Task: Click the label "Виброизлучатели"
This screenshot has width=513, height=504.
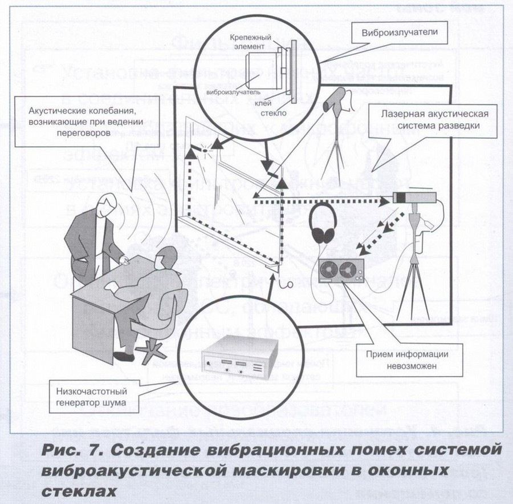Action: point(399,33)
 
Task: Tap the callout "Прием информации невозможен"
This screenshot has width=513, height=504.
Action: point(400,359)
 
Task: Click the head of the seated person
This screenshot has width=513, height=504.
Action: point(165,258)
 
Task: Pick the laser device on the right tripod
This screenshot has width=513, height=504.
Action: point(414,199)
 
